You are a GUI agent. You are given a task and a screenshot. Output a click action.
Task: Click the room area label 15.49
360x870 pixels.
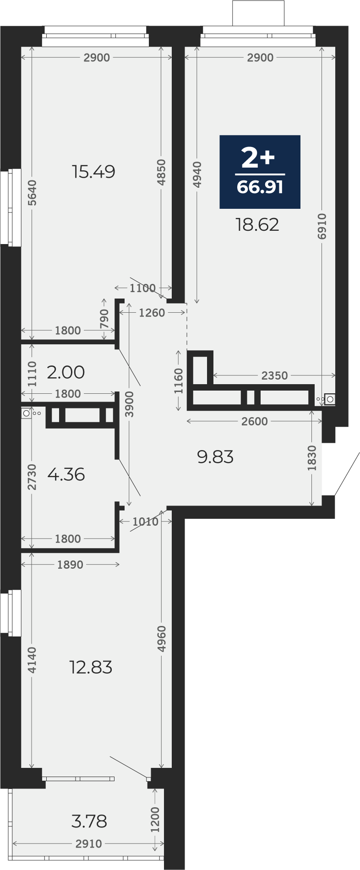pyautogui.click(x=93, y=172)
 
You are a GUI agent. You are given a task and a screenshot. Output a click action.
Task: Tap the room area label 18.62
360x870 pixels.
pyautogui.click(x=257, y=225)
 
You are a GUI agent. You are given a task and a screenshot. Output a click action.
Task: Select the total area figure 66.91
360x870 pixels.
pyautogui.click(x=260, y=187)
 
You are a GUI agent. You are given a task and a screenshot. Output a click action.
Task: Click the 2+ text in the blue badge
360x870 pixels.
pyautogui.click(x=258, y=158)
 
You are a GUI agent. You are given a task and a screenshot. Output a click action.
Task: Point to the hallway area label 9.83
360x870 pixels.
pyautogui.click(x=215, y=457)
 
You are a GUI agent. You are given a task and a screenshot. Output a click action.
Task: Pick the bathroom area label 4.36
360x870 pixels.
pyautogui.click(x=66, y=474)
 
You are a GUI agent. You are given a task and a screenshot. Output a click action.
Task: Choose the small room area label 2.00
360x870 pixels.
pyautogui.click(x=66, y=372)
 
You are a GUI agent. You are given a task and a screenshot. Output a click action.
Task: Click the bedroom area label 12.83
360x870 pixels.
pyautogui.click(x=91, y=668)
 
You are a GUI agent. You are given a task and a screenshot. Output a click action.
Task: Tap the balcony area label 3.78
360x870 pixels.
pyautogui.click(x=89, y=821)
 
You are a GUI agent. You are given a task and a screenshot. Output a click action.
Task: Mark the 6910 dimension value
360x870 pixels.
pyautogui.click(x=322, y=226)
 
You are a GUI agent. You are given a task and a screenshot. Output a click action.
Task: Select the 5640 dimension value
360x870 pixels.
pyautogui.click(x=32, y=193)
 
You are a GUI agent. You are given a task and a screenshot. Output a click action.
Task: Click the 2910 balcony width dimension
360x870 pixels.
pyautogui.click(x=89, y=844)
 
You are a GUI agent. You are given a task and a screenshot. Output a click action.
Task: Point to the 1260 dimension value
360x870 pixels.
pyautogui.click(x=152, y=313)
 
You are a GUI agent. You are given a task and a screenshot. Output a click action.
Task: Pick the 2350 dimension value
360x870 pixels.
pyautogui.click(x=275, y=375)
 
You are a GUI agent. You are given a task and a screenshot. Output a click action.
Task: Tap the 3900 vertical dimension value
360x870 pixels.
pyautogui.click(x=130, y=404)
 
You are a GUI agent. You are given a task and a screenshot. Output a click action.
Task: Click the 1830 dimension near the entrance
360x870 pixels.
pyautogui.click(x=312, y=458)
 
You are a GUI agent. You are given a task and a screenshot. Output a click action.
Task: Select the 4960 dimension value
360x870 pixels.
pyautogui.click(x=161, y=639)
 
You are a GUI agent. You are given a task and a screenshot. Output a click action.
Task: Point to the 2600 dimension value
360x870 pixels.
pyautogui.click(x=255, y=421)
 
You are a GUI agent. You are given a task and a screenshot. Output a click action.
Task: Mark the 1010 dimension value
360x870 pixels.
pyautogui.click(x=146, y=522)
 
